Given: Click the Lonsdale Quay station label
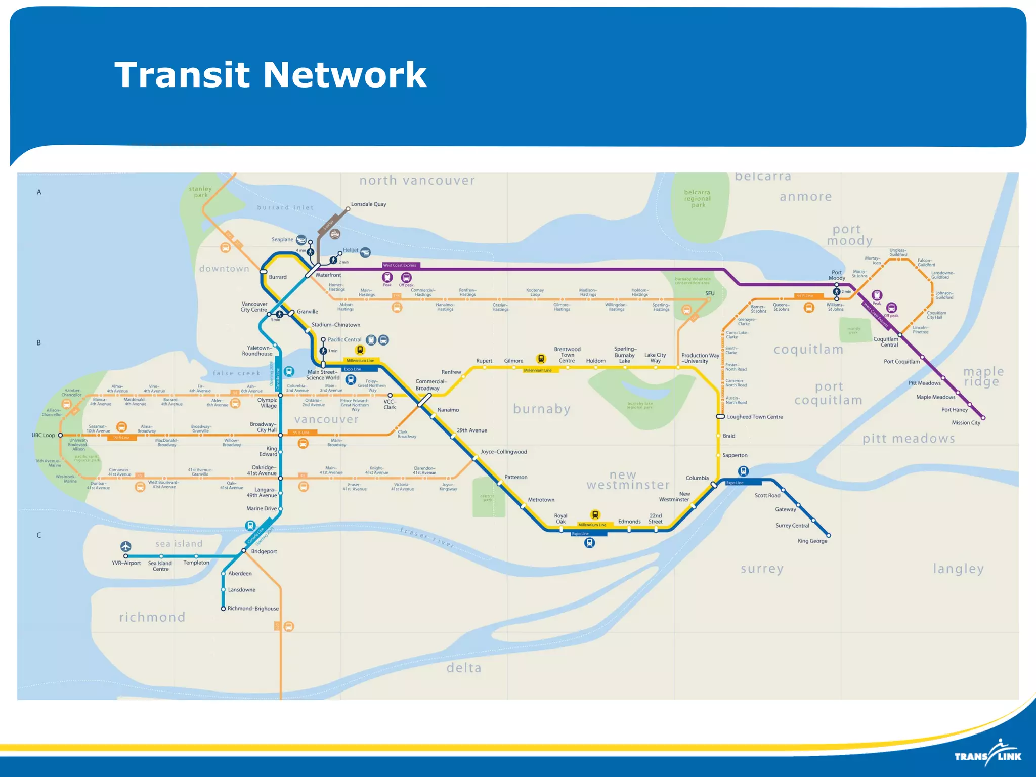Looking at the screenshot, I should pyautogui.click(x=368, y=204).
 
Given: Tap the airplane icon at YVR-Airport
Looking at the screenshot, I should pyautogui.click(x=126, y=546).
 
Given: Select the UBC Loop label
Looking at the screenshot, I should pyautogui.click(x=44, y=435).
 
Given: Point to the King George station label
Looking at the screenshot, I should pyautogui.click(x=812, y=541).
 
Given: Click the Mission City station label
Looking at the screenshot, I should pyautogui.click(x=966, y=423).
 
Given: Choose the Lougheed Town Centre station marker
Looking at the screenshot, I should pyautogui.click(x=720, y=416).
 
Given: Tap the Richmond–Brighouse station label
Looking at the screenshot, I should pyautogui.click(x=253, y=609).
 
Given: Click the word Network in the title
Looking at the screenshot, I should pyautogui.click(x=345, y=74).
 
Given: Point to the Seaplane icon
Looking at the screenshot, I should pyautogui.click(x=301, y=240).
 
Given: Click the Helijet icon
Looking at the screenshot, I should pyautogui.click(x=365, y=252).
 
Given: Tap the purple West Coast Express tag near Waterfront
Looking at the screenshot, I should pyautogui.click(x=400, y=265).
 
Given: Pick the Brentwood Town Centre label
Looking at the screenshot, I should pyautogui.click(x=567, y=355).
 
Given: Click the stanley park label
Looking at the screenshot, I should pyautogui.click(x=200, y=192).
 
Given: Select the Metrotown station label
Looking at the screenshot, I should pyautogui.click(x=541, y=500).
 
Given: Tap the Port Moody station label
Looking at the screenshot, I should pyautogui.click(x=837, y=275).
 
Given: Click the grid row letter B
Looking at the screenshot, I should pyautogui.click(x=38, y=342).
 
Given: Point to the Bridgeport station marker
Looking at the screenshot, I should pyautogui.click(x=244, y=550).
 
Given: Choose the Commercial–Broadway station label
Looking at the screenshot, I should pyautogui.click(x=430, y=385).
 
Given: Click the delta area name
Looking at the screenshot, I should pyautogui.click(x=463, y=668).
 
